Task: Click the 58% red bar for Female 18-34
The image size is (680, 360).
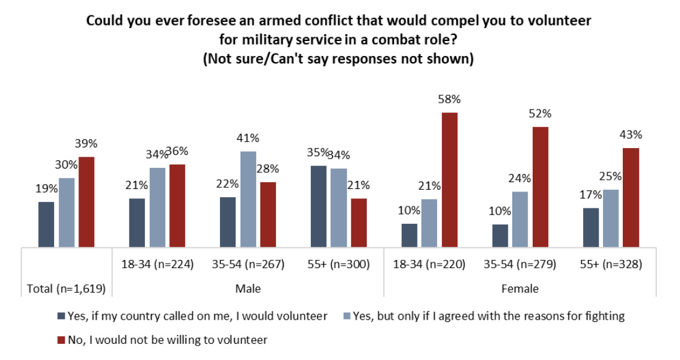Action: (449, 180)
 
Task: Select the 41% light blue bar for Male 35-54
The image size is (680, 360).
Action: (248, 199)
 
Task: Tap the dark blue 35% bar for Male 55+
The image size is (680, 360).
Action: (318, 206)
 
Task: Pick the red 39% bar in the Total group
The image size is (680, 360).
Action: (86, 202)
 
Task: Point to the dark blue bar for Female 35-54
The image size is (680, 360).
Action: (500, 236)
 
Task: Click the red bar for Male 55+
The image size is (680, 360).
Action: (359, 223)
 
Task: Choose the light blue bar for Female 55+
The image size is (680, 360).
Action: (610, 218)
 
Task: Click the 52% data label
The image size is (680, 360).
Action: (540, 114)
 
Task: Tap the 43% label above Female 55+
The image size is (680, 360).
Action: (630, 135)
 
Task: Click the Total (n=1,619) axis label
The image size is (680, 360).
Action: (66, 288)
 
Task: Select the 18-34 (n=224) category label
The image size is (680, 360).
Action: (157, 264)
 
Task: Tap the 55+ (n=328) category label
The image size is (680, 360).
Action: (610, 264)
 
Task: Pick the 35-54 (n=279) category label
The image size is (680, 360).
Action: (520, 264)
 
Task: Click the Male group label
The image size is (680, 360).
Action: (247, 288)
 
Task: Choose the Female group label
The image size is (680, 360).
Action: (520, 288)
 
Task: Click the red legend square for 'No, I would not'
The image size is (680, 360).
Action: (60, 340)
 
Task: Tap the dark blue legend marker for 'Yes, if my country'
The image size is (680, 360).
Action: (60, 316)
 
